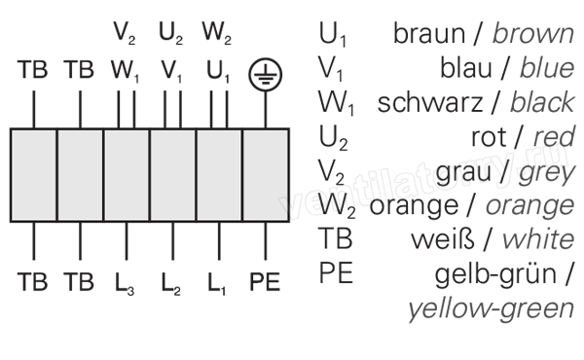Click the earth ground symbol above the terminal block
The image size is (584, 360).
pyautogui.click(x=265, y=75)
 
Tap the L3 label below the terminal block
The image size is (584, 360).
pyautogui.click(x=125, y=284)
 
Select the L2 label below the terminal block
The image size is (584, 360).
pyautogui.click(x=171, y=284)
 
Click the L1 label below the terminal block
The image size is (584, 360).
pyautogui.click(x=217, y=284)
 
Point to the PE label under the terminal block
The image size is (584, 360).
pyautogui.click(x=265, y=282)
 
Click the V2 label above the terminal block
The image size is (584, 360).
pyautogui.click(x=125, y=33)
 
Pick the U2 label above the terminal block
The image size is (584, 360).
pyautogui.click(x=171, y=33)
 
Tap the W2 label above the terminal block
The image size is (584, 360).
pyautogui.click(x=217, y=33)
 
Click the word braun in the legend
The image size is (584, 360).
pyautogui.click(x=429, y=34)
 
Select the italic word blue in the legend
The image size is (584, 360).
pyautogui.click(x=547, y=68)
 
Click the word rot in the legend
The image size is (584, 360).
pyautogui.click(x=489, y=137)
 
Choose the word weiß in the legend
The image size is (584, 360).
pyautogui.click(x=443, y=239)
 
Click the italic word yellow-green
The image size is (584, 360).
pyautogui.click(x=492, y=309)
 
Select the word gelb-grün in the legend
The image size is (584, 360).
pyautogui.click(x=495, y=274)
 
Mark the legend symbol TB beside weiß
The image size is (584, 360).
pyautogui.click(x=335, y=239)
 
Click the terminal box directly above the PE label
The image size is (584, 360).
pyautogui.click(x=266, y=175)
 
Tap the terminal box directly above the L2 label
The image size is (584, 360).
pyautogui.click(x=173, y=175)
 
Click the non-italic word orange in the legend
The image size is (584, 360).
pyautogui.click(x=414, y=207)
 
